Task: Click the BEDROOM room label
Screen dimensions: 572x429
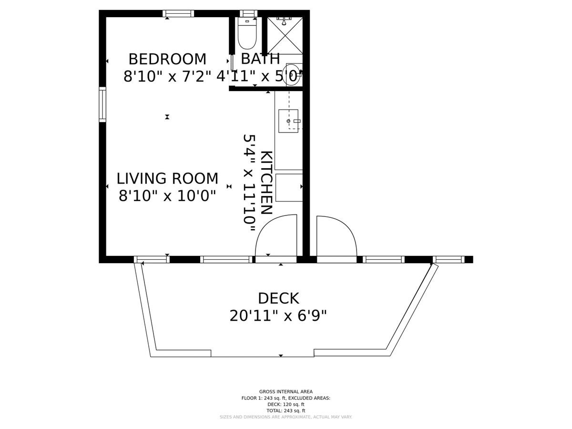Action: tap(167, 59)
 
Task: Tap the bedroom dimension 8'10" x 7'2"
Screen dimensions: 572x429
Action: tap(167, 77)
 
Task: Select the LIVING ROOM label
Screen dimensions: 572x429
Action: tap(167, 179)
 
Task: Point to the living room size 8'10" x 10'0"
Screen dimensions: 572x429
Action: tap(167, 196)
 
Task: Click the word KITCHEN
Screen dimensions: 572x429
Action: tap(266, 183)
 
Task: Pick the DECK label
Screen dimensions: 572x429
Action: tap(278, 298)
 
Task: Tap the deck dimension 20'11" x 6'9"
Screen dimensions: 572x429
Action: tap(278, 316)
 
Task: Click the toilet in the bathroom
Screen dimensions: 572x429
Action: tap(247, 33)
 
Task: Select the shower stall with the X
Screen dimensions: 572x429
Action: tap(285, 36)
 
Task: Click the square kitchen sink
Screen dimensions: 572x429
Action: tap(288, 121)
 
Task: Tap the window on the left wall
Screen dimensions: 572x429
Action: tap(102, 104)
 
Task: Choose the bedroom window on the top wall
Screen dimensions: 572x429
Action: tap(178, 13)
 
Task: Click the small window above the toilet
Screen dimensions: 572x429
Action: tap(248, 13)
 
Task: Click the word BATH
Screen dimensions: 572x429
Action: tap(260, 59)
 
